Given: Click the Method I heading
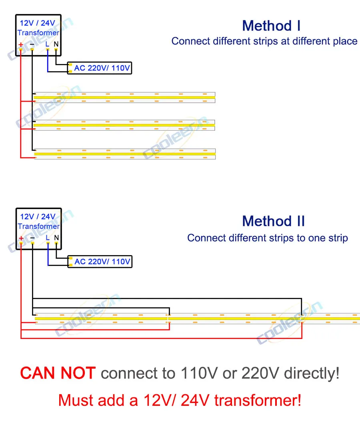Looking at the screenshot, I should (x=271, y=26).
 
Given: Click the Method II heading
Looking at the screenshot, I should (x=273, y=221).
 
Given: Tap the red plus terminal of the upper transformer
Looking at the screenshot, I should (x=20, y=44).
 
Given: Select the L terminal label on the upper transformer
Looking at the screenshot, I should (x=47, y=44).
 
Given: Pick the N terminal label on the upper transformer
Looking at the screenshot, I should (x=56, y=44).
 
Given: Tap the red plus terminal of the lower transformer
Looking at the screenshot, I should (x=21, y=238).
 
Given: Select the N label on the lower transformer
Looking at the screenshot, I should (x=56, y=237).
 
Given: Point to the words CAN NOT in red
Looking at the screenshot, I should (x=58, y=373).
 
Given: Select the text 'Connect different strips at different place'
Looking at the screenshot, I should (x=264, y=41).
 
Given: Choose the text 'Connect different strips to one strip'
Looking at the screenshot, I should (x=267, y=238).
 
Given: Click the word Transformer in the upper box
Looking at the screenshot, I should (x=38, y=33).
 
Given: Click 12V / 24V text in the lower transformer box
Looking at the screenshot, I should (x=38, y=217).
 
